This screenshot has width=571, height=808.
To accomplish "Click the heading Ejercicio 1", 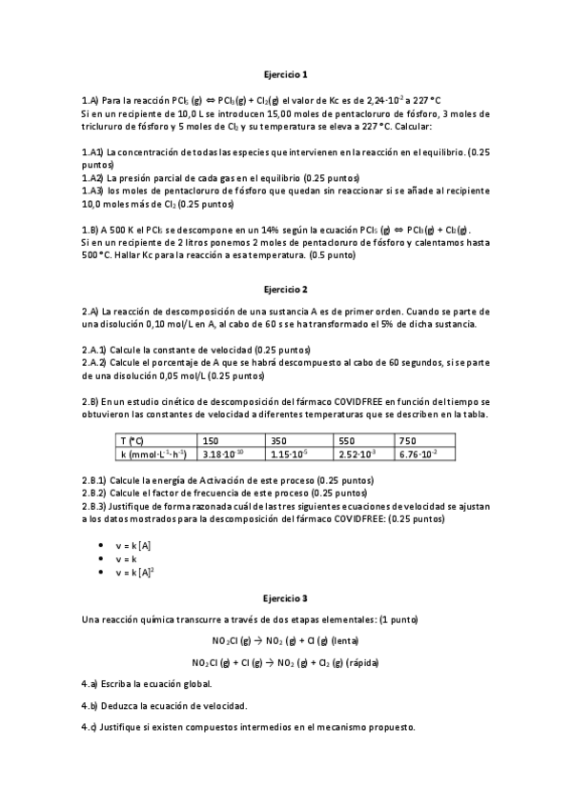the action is click(285, 73).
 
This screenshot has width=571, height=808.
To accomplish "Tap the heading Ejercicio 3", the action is click(285, 598).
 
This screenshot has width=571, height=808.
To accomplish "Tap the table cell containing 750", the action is click(407, 441).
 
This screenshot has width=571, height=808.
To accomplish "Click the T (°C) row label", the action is click(133, 441).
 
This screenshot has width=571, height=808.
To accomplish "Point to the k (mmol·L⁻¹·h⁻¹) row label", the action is click(153, 454).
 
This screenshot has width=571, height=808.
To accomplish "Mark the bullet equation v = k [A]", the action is click(133, 543).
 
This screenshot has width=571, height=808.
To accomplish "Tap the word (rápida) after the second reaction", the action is click(358, 662).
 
